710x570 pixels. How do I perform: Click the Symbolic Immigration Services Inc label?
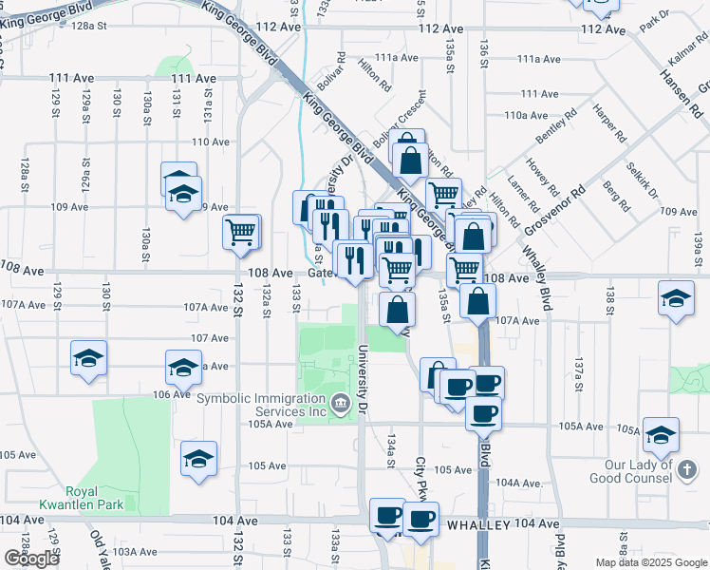click(x=260, y=405)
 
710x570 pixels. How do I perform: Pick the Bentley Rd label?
click(x=557, y=128)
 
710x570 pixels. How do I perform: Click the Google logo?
click(x=31, y=559)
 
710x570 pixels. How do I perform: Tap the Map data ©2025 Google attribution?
click(x=650, y=562)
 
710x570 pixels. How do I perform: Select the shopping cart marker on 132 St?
click(x=241, y=231)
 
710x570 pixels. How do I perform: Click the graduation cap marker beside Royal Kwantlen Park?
click(x=198, y=458)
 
